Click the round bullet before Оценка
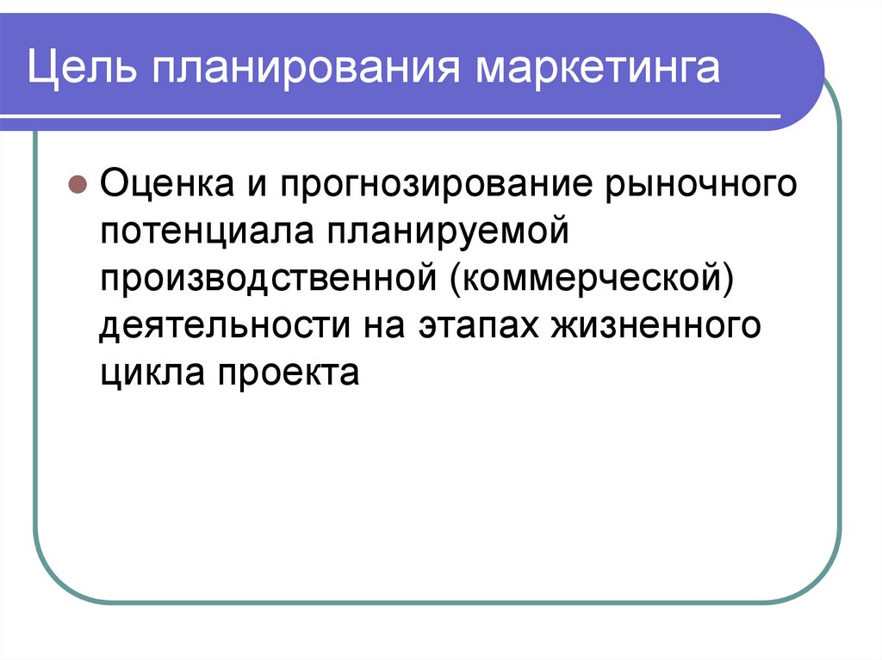point(76,185)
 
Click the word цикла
point(152,374)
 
